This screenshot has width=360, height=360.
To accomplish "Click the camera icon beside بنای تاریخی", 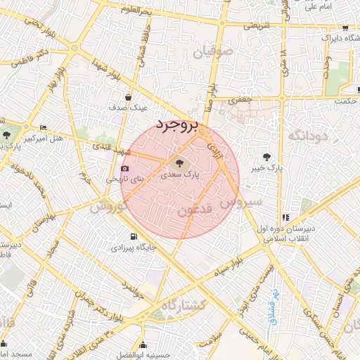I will point(125,169).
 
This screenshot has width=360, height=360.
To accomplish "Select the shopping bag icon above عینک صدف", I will point(128,98).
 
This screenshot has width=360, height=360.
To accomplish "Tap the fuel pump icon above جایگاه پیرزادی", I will point(134,236).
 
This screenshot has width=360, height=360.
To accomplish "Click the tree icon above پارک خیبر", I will point(266,157).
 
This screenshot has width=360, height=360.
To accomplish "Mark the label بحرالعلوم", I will point(136,9).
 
